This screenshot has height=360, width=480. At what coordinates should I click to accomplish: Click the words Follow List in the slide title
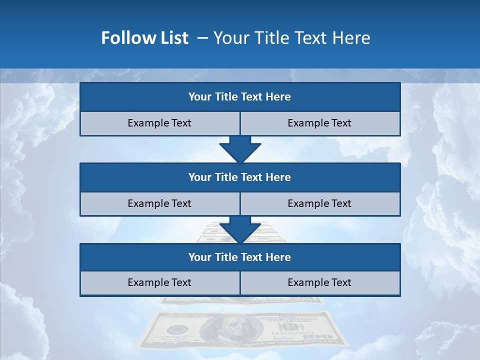pos(144,38)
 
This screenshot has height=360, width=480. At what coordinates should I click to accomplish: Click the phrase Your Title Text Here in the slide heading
pos(291,38)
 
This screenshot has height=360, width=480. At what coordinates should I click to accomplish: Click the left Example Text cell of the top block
pos(159,123)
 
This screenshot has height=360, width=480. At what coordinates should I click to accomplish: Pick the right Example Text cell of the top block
pos(320,123)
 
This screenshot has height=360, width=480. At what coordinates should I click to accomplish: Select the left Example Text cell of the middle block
pos(159,203)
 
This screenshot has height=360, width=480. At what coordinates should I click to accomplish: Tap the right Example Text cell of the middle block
pos(320,203)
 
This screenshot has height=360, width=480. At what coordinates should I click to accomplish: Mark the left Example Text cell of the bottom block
pos(159,282)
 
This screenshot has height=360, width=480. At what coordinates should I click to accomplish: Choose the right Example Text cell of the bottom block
pos(320,282)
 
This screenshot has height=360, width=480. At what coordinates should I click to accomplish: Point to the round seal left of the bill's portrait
pos(176,330)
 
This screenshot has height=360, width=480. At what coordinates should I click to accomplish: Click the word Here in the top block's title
pos(278,97)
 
